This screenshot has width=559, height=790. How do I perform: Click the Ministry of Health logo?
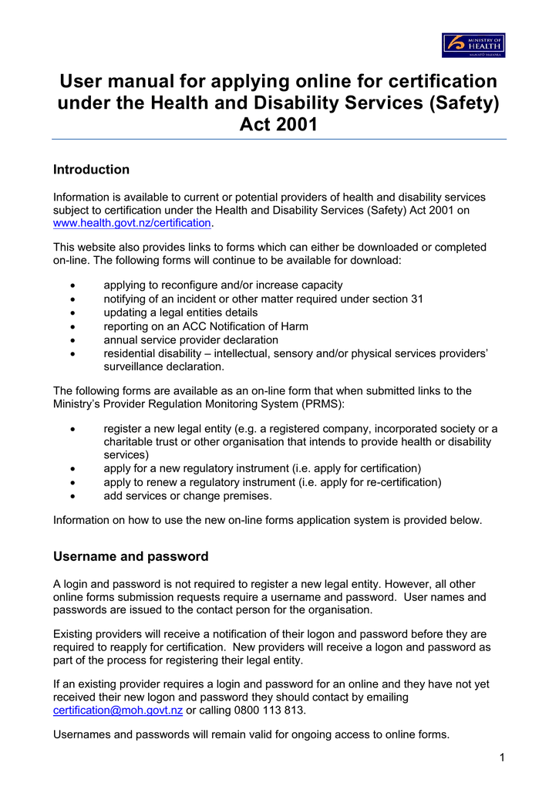click(473, 46)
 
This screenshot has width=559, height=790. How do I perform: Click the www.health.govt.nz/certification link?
click(131, 223)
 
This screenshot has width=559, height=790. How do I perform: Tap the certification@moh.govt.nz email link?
click(117, 710)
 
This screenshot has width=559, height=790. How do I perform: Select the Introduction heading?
click(91, 170)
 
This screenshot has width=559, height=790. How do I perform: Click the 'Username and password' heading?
click(130, 556)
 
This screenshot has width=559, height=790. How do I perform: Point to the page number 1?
click(501, 758)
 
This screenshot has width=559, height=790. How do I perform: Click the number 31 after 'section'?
click(416, 299)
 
